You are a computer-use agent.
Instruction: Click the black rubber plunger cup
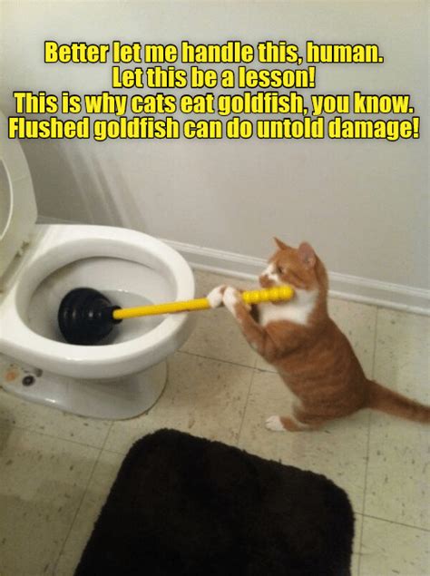click(x=87, y=316)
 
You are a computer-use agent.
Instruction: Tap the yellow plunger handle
click(x=203, y=303)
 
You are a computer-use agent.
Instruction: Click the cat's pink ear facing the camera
click(x=307, y=254)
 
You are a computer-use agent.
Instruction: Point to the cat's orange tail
click(x=399, y=401)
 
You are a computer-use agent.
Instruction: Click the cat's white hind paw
click(x=275, y=424)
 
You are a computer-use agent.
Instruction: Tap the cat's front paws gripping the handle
click(x=225, y=298)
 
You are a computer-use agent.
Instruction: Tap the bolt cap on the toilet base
click(x=28, y=380)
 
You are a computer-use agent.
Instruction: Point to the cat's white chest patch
click(x=290, y=308)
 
